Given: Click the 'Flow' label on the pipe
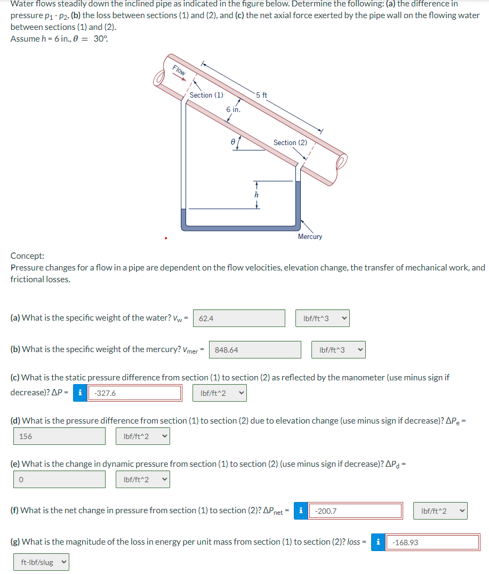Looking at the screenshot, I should (x=179, y=69).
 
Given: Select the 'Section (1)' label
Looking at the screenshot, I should (x=206, y=95).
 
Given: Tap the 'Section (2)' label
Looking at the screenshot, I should (x=290, y=142).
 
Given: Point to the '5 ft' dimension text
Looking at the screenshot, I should (x=261, y=95).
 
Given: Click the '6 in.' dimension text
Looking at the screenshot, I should (x=233, y=109).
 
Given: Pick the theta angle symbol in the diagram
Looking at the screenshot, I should (x=233, y=142).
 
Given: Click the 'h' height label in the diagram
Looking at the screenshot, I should (x=256, y=195).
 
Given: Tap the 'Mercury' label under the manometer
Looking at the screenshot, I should (x=310, y=236).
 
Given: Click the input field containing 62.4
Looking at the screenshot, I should (x=239, y=318).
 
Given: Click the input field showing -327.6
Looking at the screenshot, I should (x=135, y=393).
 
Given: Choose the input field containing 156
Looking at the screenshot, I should (x=60, y=436).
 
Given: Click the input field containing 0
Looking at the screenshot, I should (x=60, y=479).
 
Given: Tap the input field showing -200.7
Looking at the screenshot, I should (x=356, y=511).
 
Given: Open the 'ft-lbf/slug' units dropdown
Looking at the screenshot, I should (x=42, y=562).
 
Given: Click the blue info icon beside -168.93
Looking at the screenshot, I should (x=378, y=543).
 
